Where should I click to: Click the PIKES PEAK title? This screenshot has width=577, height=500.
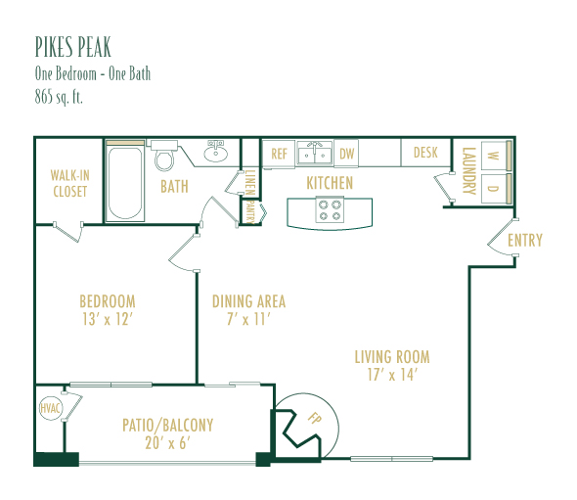73,47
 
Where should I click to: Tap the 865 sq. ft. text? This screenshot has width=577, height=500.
59,97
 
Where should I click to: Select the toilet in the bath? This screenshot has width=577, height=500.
163,156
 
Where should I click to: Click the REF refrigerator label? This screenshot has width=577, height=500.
279,154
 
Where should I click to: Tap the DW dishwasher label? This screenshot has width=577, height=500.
346,154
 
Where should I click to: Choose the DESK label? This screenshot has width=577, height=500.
425,153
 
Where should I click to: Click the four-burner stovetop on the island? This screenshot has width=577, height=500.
330,209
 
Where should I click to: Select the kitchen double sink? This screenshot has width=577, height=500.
315,155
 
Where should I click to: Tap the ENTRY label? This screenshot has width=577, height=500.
525,241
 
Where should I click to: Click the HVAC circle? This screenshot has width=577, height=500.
51,408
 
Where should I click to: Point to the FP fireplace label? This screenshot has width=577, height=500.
314,418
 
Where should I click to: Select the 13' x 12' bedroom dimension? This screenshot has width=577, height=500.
107,319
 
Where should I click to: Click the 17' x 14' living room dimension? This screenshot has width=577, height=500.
392,375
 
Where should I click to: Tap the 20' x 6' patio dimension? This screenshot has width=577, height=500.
167,443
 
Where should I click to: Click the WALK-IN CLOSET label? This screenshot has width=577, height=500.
69,183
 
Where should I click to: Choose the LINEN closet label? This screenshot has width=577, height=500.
250,183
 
